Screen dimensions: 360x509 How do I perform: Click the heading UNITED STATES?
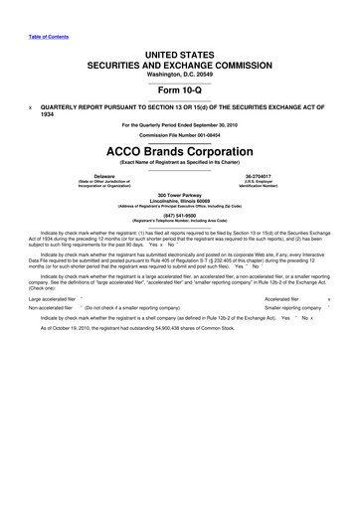pos(180,48)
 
